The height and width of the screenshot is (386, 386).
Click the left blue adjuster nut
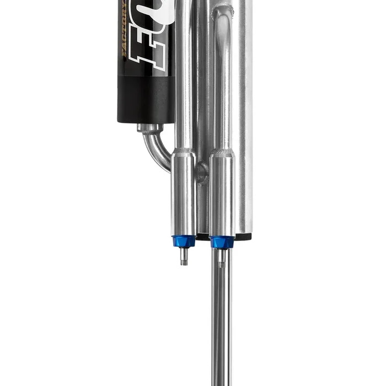coord(184,241)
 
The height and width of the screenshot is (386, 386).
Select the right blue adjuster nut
coord(221,242)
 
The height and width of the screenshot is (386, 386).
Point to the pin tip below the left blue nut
coord(184,256)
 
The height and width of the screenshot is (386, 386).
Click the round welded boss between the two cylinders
coord(202,172)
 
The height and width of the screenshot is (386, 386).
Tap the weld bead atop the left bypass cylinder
coord(184,151)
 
